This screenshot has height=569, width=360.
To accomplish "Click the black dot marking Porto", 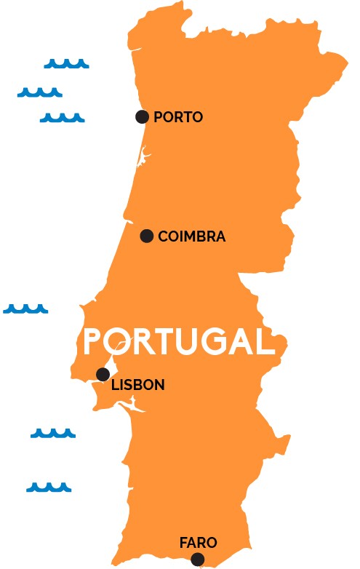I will pyautogui.click(x=143, y=116).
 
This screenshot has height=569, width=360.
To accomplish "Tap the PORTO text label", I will pyautogui.click(x=178, y=117).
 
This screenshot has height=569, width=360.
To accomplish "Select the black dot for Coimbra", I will pyautogui.click(x=147, y=236).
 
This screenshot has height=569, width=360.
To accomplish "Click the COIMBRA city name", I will pyautogui.click(x=191, y=236).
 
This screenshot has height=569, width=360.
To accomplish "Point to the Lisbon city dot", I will pyautogui.click(x=103, y=375).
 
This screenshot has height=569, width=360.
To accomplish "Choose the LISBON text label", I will pyautogui.click(x=137, y=385).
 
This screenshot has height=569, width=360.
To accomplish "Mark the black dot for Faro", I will pyautogui.click(x=198, y=559).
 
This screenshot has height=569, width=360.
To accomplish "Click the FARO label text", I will pyautogui.click(x=198, y=543).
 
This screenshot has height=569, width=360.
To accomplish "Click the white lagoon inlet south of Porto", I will pyautogui.click(x=142, y=156).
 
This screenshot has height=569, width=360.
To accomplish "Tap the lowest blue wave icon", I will pyautogui.click(x=49, y=488).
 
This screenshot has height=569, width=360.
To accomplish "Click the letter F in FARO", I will pyautogui.click(x=183, y=543).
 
